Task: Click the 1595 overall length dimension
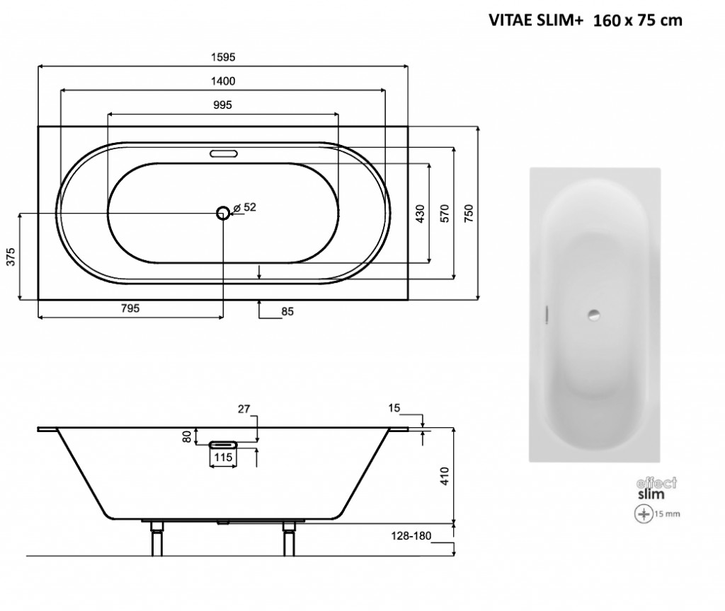pos(222,57)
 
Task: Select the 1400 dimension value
pos(222,81)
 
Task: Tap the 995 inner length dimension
pos(222,104)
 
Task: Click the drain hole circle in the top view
pos(224,211)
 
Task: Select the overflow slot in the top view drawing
pos(224,152)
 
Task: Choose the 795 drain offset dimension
pos(130,308)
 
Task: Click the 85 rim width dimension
pos(287,310)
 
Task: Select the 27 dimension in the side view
pos(244,408)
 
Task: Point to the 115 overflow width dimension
pos(224,458)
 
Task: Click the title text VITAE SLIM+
pos(536,21)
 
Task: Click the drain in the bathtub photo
pos(594,313)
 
